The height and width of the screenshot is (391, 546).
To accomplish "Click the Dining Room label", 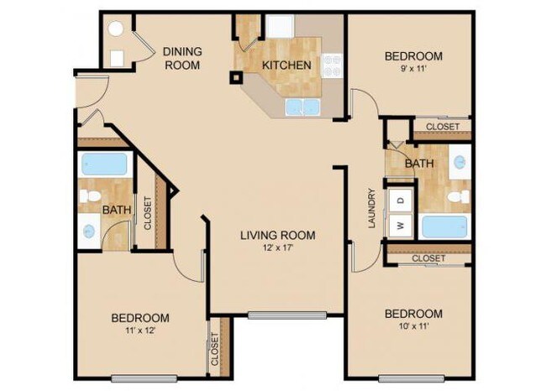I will [181, 57].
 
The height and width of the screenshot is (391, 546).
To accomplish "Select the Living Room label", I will [277, 236].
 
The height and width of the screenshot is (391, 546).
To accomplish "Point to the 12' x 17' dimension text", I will [277, 249].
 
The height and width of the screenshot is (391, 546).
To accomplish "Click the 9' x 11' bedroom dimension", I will [412, 70].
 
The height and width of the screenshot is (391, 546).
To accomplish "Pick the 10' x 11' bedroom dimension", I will [412, 328].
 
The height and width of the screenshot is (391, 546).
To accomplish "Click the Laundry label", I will [370, 208].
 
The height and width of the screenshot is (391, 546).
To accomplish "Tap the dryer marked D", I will [401, 201].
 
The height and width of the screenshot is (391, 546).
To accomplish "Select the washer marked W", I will [401, 225].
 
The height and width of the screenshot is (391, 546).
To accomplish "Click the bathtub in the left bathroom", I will [104, 163].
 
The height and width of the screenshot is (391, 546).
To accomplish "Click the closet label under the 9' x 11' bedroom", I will [442, 127].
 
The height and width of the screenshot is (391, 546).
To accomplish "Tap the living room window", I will [286, 315].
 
